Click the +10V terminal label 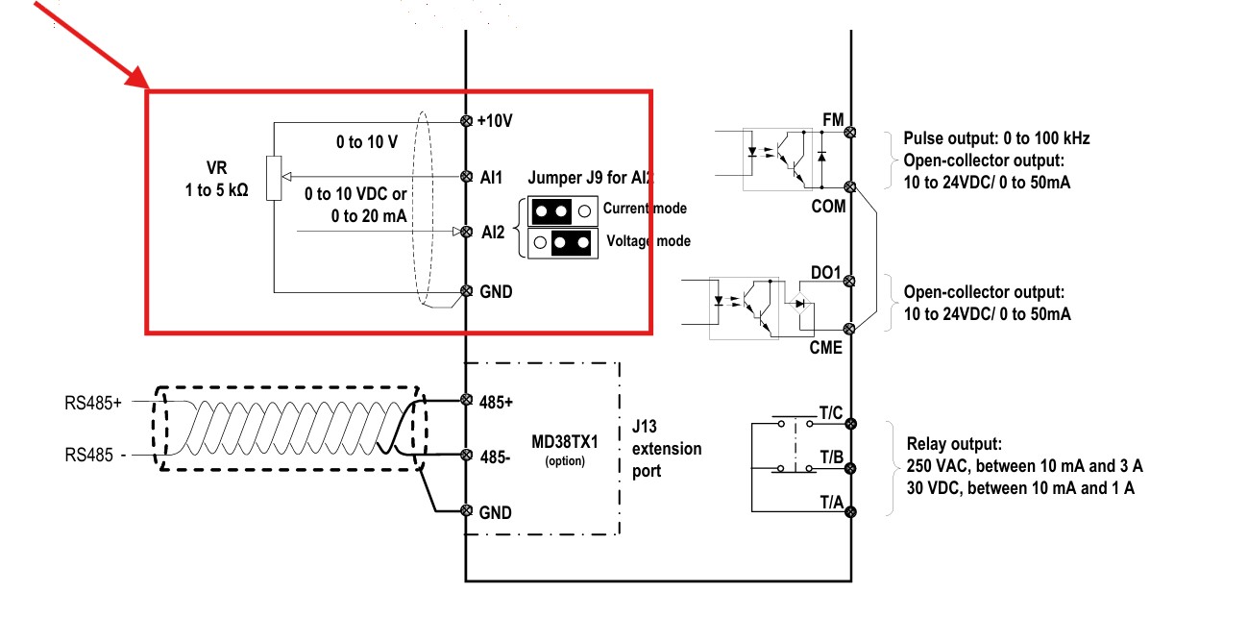(x=495, y=121)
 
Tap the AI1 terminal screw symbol (x=467, y=177)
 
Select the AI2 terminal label (x=493, y=232)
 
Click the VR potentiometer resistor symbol (x=274, y=178)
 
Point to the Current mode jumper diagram (x=563, y=211)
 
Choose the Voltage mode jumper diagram (x=563, y=243)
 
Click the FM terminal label (x=834, y=120)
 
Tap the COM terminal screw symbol (x=849, y=186)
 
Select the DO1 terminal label (x=825, y=273)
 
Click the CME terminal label (x=825, y=348)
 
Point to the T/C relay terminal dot (x=850, y=424)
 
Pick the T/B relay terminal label (x=831, y=457)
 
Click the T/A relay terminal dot (x=850, y=511)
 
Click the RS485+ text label (x=93, y=403)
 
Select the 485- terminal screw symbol (x=467, y=455)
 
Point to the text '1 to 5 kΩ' (x=217, y=190)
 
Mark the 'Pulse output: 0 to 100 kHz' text (x=996, y=138)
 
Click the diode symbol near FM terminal (x=821, y=157)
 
